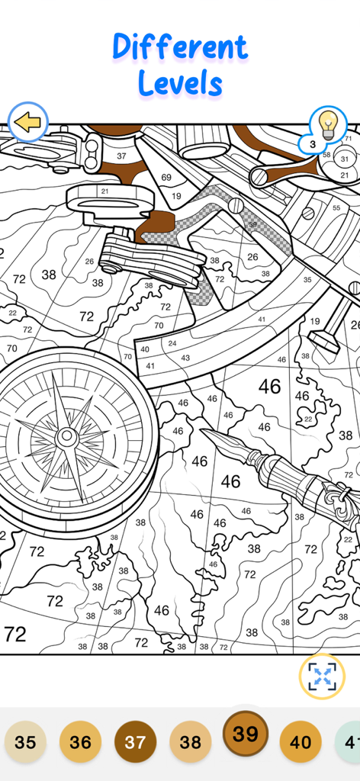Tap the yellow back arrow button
[x=28, y=122]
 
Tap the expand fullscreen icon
[x=322, y=676]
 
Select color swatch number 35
[x=25, y=742]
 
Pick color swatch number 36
[x=80, y=742]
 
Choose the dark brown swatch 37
[x=135, y=742]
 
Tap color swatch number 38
[x=190, y=742]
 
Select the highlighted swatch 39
[x=245, y=734]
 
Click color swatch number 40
[x=301, y=742]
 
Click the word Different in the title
[x=180, y=47]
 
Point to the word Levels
[x=180, y=83]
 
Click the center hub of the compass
[x=67, y=436]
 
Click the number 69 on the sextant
[x=166, y=178]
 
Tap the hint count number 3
[x=313, y=143]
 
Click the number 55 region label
[x=336, y=207]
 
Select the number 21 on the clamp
[x=104, y=191]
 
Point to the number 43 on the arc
[x=185, y=358]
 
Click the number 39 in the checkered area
[x=252, y=225]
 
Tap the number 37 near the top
[x=121, y=156]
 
